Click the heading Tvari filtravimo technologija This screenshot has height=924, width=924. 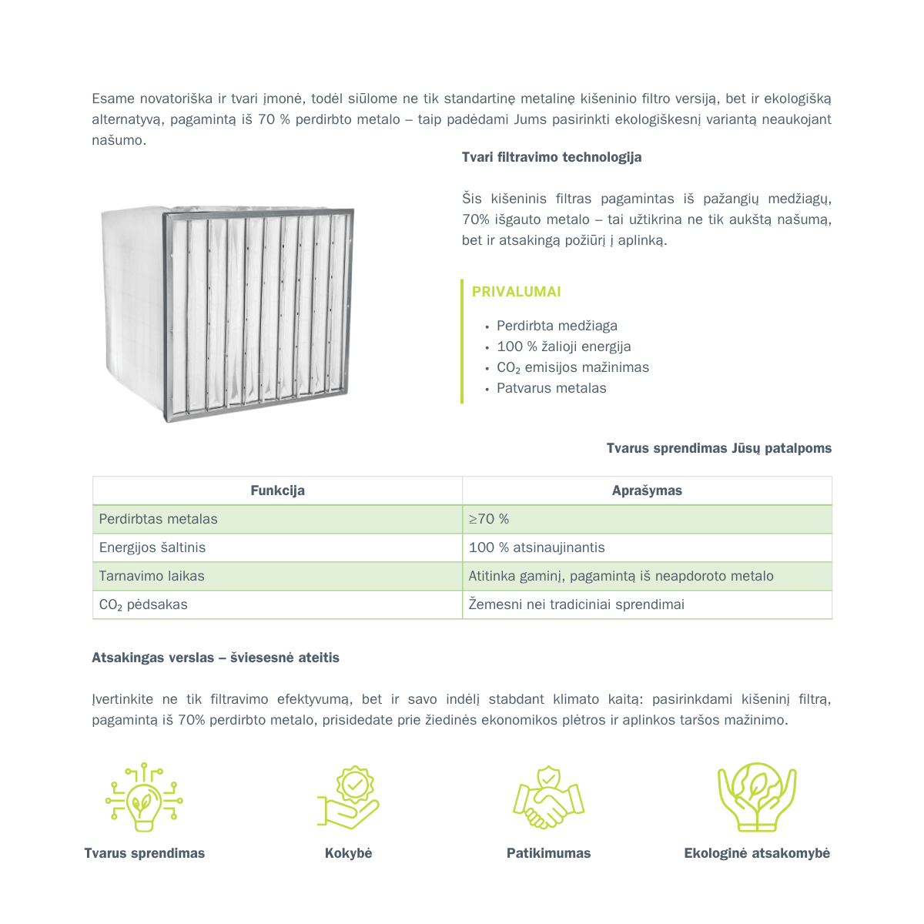coord(551,157)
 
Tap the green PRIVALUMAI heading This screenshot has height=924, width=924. coord(516,292)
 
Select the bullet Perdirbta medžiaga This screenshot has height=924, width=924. coord(557,326)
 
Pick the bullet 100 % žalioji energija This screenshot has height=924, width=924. coord(564,346)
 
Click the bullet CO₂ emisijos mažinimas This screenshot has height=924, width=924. coord(573,367)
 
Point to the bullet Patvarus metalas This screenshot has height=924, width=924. coord(551,388)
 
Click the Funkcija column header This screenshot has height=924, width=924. coord(277,490)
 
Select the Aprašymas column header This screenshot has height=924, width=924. coord(647,490)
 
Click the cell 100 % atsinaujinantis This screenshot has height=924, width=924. coord(537,547)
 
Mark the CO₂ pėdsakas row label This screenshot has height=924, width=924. coord(143,604)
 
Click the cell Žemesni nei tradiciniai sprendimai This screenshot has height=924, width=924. coord(576,604)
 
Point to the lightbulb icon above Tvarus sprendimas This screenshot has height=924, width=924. coord(144,798)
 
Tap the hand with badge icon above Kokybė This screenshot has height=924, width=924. coord(349,798)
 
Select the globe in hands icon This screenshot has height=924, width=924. coord(757,798)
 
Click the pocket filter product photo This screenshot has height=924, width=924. coord(228,314)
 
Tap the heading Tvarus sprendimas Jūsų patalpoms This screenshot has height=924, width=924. coord(718,448)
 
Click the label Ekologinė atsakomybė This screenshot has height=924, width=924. coord(757,853)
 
